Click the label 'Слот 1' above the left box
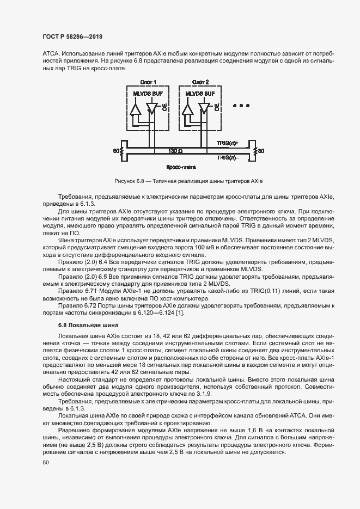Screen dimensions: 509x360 coord(148,82)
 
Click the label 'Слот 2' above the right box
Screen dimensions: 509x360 coord(200,82)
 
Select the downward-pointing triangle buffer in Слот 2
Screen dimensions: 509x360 coord(204,109)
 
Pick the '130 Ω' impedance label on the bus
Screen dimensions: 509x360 coord(175,150)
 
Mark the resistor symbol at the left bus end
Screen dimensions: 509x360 coord(123,150)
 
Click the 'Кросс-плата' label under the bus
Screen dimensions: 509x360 coord(182,168)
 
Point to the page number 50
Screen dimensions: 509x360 coord(46,463)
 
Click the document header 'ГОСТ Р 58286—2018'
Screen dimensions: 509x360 coord(72,36)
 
